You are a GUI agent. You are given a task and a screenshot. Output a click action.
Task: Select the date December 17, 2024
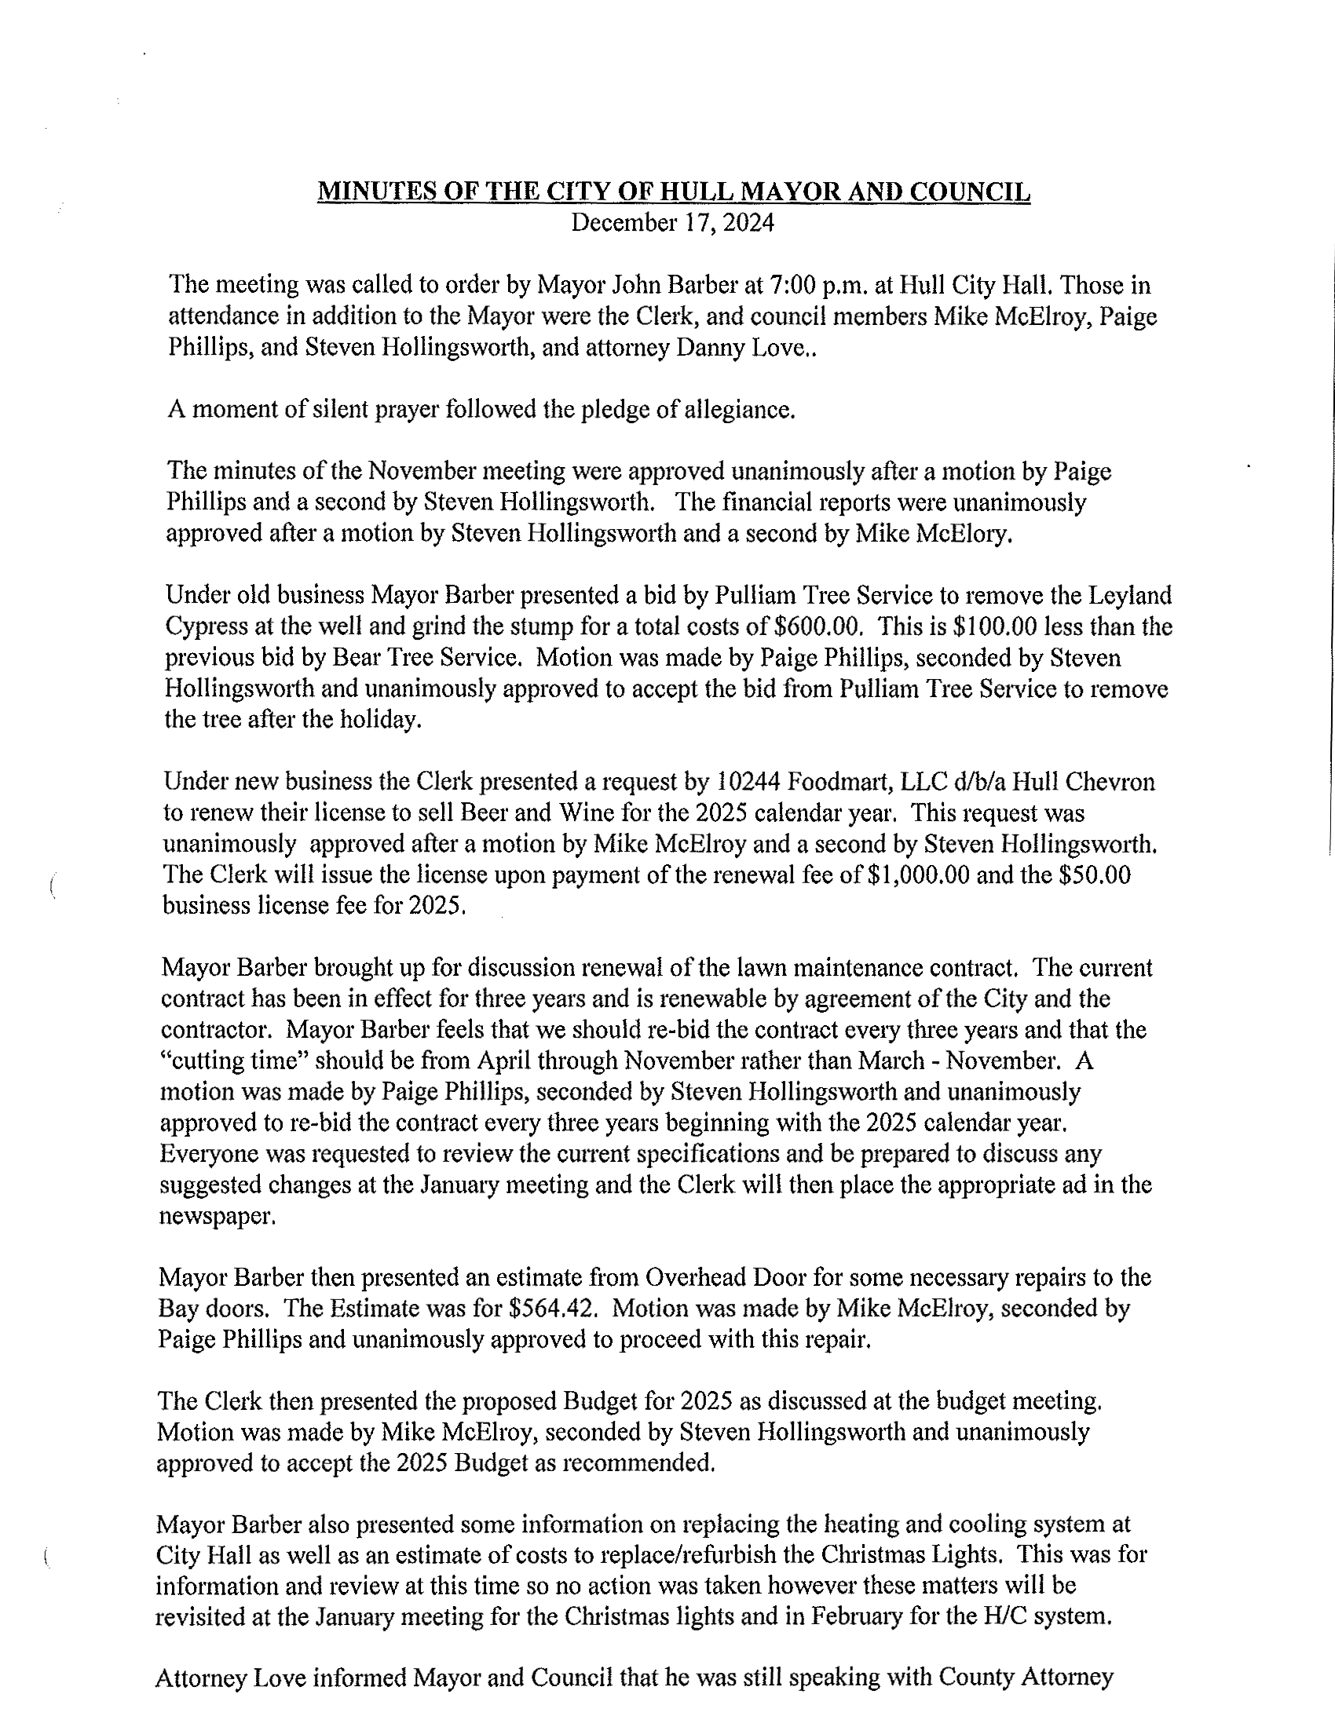tap(672, 223)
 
